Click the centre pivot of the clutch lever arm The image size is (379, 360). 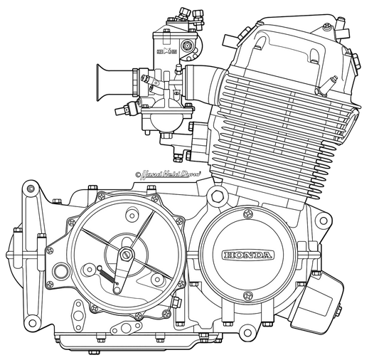point(126,253)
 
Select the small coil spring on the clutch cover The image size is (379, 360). point(104,271)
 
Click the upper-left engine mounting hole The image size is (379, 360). point(28,189)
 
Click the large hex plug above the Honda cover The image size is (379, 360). point(216,196)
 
